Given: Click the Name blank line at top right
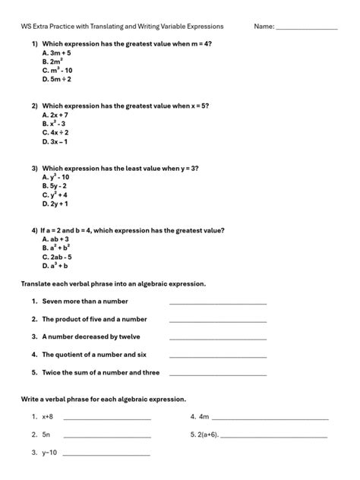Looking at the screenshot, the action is [306, 28].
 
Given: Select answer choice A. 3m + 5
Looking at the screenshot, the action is [56, 53].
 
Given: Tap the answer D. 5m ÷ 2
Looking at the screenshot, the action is [57, 78].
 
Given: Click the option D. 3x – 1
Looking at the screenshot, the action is [55, 141].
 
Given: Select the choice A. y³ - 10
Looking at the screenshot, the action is [56, 176].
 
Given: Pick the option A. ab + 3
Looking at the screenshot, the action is [55, 238].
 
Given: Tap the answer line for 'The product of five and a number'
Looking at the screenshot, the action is [218, 321].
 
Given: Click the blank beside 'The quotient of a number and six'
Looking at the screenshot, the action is [218, 356].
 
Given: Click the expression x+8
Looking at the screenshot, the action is [47, 417].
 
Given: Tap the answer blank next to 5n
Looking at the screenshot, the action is [107, 437].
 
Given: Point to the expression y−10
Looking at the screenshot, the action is [49, 453].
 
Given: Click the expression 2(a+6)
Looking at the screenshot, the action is [208, 435].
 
